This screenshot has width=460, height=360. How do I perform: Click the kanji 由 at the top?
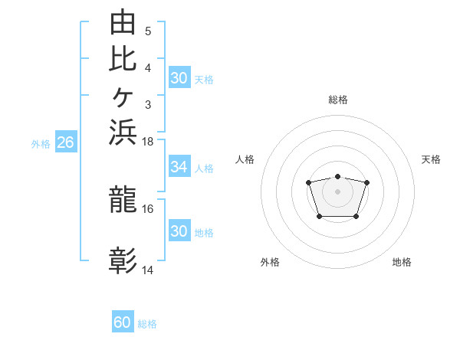(x=123, y=21)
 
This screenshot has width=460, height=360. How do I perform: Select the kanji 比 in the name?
(x=123, y=59)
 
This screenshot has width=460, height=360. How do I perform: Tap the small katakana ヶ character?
(x=123, y=97)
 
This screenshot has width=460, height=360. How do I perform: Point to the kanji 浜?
(x=123, y=132)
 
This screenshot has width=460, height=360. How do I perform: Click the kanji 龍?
(x=123, y=199)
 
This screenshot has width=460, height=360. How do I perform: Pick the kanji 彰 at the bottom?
(x=123, y=260)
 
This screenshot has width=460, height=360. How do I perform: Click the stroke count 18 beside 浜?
(x=147, y=142)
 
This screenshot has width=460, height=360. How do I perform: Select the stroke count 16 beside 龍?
(x=147, y=209)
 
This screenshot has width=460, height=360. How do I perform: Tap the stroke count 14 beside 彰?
(x=147, y=270)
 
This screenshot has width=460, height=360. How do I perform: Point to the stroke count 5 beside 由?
(x=148, y=31)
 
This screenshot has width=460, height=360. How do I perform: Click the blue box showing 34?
(x=179, y=166)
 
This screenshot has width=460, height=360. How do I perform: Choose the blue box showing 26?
(x=66, y=141)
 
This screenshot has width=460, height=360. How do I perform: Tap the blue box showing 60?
(x=123, y=321)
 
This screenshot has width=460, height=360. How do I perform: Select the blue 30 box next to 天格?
(x=179, y=77)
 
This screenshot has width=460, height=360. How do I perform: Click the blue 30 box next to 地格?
(x=179, y=230)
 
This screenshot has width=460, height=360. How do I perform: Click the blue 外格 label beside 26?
(x=41, y=144)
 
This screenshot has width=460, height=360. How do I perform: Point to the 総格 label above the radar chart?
(x=338, y=100)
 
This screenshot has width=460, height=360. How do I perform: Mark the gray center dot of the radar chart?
(x=337, y=191)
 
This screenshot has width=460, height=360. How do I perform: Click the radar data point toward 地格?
(x=356, y=217)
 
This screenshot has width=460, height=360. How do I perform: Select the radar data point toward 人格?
(x=308, y=182)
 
